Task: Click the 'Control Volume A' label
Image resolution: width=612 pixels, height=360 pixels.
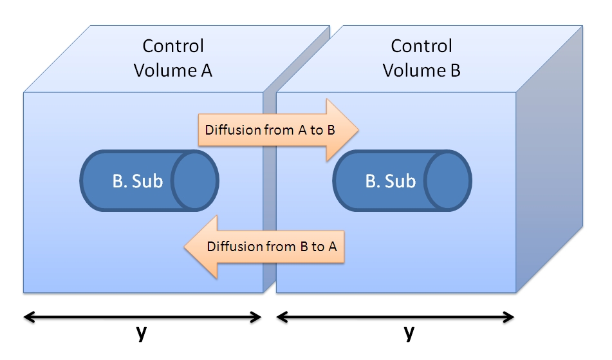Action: (172, 58)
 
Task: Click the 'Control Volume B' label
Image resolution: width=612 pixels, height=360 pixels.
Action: (422, 58)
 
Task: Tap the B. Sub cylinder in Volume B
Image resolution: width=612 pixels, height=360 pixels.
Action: (402, 181)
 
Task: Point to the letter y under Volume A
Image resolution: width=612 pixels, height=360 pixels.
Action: (141, 334)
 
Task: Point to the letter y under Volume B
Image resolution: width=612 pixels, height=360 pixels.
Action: (408, 334)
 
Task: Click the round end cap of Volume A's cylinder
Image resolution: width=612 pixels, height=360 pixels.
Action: (196, 181)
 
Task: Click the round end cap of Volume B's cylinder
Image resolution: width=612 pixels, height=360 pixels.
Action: (449, 181)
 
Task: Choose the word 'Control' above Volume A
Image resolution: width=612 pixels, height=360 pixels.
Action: (173, 46)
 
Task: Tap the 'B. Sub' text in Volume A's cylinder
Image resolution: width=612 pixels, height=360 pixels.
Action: (137, 182)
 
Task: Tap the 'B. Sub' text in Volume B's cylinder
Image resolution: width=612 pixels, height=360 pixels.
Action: (390, 182)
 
